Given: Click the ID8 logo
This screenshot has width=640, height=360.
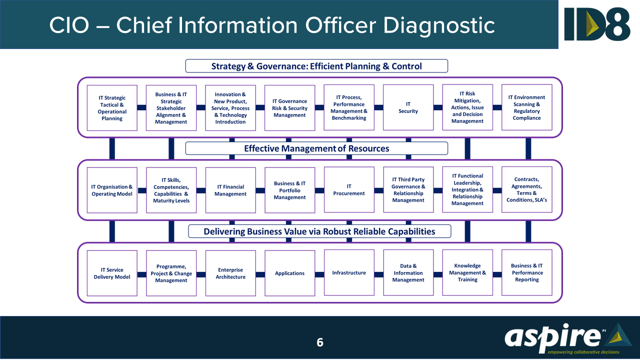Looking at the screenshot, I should [597, 23].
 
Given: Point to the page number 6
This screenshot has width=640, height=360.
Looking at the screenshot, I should [320, 342].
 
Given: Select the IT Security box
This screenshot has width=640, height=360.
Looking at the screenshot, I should [408, 107].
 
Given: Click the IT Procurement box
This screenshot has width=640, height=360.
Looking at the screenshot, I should [349, 190].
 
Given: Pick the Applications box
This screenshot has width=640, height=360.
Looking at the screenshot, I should [289, 273].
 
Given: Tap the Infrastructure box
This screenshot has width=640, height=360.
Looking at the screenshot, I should [349, 273].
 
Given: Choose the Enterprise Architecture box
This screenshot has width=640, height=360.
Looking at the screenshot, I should [230, 273].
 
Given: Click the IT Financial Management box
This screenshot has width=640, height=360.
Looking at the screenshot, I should [230, 190].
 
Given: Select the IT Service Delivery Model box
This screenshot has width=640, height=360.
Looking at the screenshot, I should [112, 273].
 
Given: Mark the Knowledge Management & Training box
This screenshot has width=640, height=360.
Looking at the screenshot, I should [467, 273].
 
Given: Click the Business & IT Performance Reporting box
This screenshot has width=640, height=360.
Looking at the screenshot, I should [527, 273].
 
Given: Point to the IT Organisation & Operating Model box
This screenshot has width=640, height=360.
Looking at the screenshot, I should [112, 190].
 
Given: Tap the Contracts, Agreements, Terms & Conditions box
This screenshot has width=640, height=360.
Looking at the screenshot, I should [527, 190].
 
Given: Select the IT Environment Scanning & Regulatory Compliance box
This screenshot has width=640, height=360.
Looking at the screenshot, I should [527, 107].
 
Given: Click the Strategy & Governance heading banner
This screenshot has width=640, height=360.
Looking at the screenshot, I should [316, 66].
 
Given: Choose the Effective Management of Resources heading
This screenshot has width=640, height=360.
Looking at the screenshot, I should [316, 148].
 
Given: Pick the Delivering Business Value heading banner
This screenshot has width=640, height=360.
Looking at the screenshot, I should [319, 231].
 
